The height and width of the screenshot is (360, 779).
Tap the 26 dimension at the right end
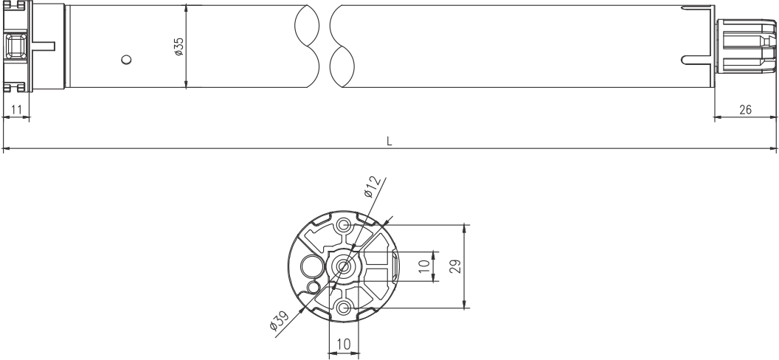coord(745,109)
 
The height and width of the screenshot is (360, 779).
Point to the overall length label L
coord(389,140)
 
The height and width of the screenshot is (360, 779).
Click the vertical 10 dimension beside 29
coord(424,266)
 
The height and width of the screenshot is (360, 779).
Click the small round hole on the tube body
coord(126,59)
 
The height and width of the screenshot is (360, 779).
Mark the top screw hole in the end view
coord(342,225)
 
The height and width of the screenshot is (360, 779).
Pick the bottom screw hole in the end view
coord(342,307)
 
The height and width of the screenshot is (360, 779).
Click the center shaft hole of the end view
coord(342,266)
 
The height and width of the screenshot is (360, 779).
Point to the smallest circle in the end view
coord(314,285)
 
